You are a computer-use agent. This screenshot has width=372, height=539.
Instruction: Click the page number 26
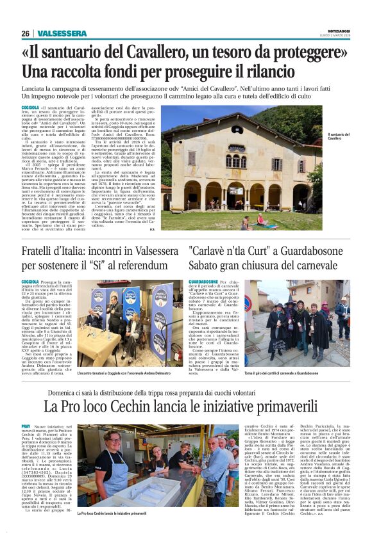[25, 33]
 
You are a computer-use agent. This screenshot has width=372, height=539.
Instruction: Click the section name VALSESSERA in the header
[62, 33]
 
